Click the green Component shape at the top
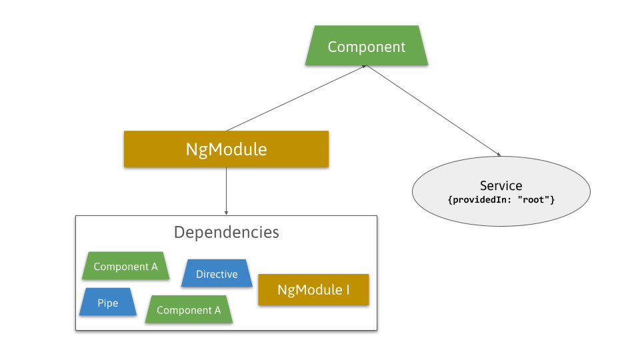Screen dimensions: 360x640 [366, 46]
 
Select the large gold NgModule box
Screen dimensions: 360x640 [226, 149]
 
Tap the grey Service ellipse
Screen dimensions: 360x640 [501, 192]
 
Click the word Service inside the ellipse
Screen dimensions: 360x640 [501, 185]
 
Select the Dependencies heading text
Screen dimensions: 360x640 [226, 232]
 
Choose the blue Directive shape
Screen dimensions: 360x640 [217, 273]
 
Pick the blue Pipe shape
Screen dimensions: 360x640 [108, 303]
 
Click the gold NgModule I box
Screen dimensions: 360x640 [313, 290]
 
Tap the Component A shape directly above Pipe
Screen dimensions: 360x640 [125, 267]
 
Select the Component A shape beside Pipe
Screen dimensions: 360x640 [189, 310]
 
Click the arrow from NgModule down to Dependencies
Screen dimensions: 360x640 [226, 190]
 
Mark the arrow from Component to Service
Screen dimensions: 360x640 [433, 111]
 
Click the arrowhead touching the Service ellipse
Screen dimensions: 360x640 [498, 155]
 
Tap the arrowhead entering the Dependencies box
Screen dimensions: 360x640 [226, 213]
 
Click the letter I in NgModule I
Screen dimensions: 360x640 [347, 290]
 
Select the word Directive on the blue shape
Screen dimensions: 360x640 [217, 274]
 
